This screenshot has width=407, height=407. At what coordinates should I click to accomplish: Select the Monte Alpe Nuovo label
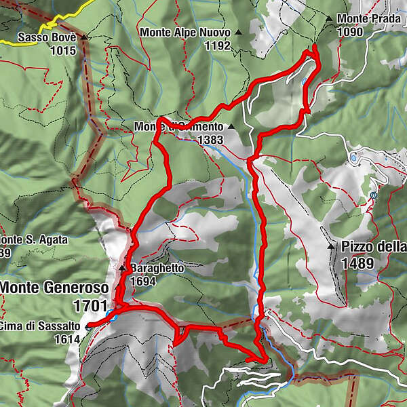tap(185, 32)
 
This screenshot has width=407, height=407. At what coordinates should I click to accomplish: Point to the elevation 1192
tap(216, 46)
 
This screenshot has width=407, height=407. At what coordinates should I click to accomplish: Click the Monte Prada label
tap(363, 19)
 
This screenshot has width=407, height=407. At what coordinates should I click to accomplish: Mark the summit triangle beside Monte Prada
tap(328, 19)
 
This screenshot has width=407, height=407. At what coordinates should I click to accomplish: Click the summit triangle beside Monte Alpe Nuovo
tap(239, 32)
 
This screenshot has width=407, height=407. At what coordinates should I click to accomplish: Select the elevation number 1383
tap(210, 139)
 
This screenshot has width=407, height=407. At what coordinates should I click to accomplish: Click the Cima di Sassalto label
tap(39, 326)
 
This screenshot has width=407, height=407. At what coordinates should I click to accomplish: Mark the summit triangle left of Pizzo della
tap(330, 247)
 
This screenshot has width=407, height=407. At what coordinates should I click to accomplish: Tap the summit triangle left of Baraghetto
tap(123, 269)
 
